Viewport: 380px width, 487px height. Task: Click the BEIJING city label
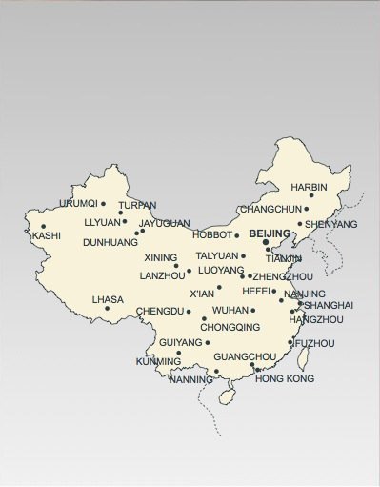(270, 233)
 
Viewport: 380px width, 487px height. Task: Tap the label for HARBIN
(309, 187)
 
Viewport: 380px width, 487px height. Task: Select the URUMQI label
(78, 203)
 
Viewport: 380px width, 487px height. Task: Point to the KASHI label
(46, 235)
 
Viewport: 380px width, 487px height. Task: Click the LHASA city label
(108, 299)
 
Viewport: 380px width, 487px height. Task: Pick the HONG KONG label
(285, 378)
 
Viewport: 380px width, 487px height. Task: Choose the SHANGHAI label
(328, 305)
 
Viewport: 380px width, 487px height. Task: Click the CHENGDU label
(159, 311)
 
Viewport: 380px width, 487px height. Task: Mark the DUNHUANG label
(110, 242)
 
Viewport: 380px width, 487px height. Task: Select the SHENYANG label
(331, 224)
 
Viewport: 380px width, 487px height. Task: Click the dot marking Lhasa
(107, 308)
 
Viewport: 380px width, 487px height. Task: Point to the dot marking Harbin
(310, 195)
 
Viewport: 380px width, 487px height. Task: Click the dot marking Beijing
(266, 242)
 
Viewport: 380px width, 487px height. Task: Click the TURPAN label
(137, 205)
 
